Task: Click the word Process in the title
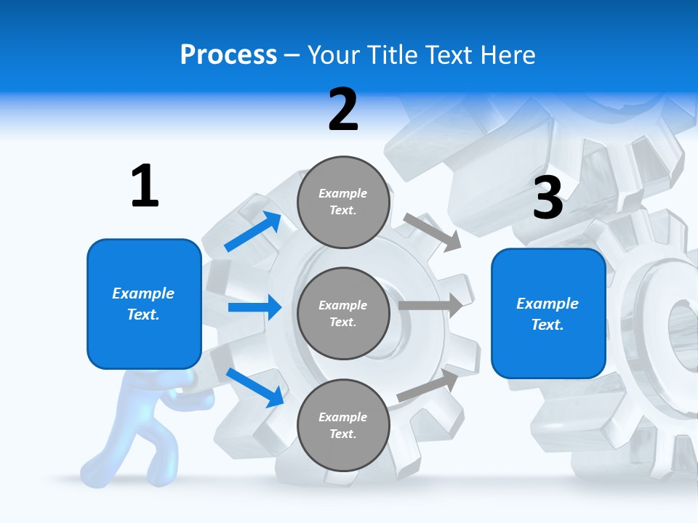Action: pyautogui.click(x=228, y=55)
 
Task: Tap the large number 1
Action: pyautogui.click(x=145, y=186)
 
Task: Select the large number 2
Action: pyautogui.click(x=343, y=110)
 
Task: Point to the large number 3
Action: pyautogui.click(x=547, y=198)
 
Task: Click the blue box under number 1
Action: pyautogui.click(x=144, y=304)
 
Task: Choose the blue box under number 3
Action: pyautogui.click(x=548, y=313)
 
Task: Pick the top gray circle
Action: pyautogui.click(x=343, y=202)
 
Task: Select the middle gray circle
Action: pyautogui.click(x=343, y=313)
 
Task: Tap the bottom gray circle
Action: pyautogui.click(x=343, y=425)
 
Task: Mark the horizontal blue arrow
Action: pyautogui.click(x=254, y=307)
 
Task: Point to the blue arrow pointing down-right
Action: pyautogui.click(x=254, y=387)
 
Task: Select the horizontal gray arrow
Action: pyautogui.click(x=431, y=306)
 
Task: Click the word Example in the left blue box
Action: pyautogui.click(x=143, y=293)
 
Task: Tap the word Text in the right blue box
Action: pyautogui.click(x=547, y=325)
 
